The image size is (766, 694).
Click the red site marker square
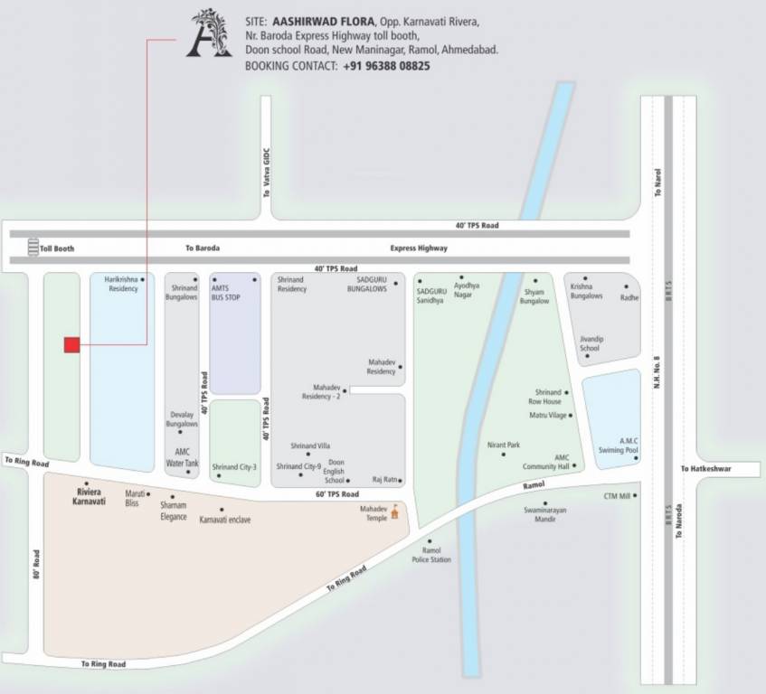point(71,344)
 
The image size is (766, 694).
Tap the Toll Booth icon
point(33,247)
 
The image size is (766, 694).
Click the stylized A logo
point(209,35)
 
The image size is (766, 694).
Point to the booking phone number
point(386,66)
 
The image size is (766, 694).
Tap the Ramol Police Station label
point(431,555)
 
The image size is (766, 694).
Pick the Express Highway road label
point(419,248)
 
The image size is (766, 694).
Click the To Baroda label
point(203,248)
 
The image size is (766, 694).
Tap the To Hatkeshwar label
point(705,469)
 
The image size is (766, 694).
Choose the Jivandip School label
point(589,343)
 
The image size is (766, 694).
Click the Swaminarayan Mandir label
point(544,515)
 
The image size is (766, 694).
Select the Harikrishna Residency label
point(121,285)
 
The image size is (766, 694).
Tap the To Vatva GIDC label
point(267,173)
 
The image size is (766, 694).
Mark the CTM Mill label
point(617,496)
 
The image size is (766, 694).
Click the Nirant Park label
point(504,445)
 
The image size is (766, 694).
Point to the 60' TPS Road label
point(336,494)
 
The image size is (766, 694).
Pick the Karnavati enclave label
point(224,520)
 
